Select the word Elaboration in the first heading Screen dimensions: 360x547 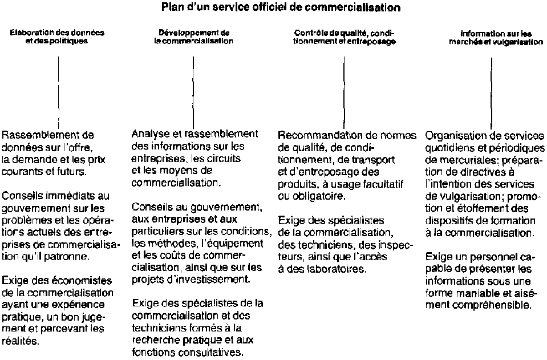29,33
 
